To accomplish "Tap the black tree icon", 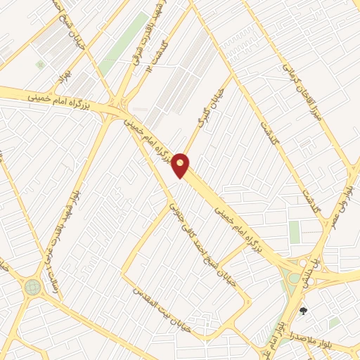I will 304,311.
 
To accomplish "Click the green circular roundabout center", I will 32,287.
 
